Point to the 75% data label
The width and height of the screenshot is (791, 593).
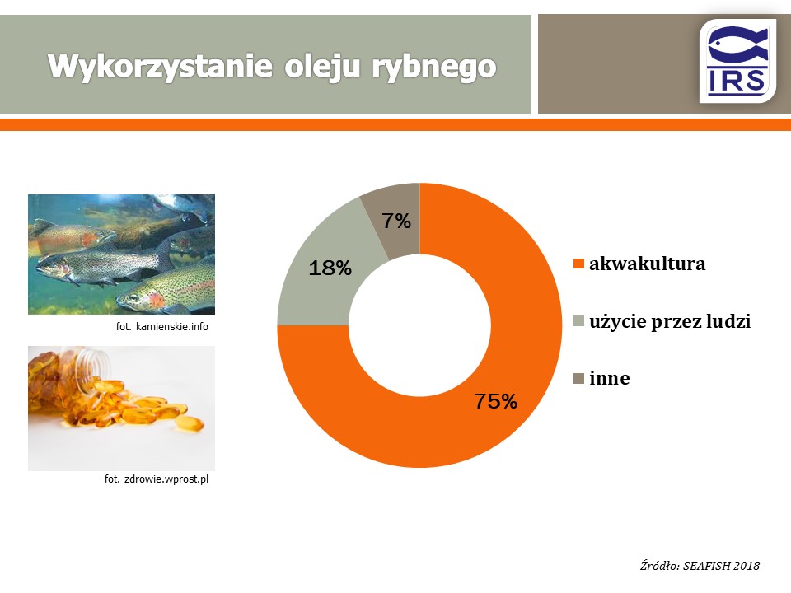[x=496, y=401]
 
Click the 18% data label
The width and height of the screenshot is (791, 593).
[x=330, y=268]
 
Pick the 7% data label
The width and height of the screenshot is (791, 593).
[x=396, y=221]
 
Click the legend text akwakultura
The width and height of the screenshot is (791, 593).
[x=648, y=264]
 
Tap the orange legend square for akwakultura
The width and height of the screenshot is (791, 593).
[x=578, y=264]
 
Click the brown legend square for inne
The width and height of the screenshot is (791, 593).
[x=578, y=378]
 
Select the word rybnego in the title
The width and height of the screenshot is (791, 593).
[x=434, y=68]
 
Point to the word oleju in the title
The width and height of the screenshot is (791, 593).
[x=322, y=67]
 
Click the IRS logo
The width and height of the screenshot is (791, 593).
[x=737, y=61]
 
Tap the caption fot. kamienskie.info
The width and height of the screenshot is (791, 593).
[x=162, y=327]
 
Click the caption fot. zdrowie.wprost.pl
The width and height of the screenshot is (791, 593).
[x=157, y=479]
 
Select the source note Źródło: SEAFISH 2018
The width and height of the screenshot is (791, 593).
[x=700, y=566]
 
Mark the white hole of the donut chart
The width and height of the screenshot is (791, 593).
[x=419, y=325]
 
